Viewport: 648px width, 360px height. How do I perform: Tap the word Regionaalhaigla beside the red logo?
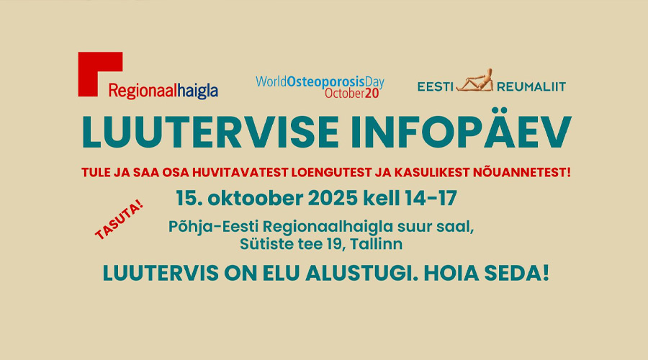[163, 91]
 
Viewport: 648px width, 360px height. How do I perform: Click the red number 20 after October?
[372, 94]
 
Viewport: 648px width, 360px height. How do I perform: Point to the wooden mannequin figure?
[475, 80]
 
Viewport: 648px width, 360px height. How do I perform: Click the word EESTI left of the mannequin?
[435, 87]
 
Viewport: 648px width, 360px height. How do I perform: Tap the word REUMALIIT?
[531, 87]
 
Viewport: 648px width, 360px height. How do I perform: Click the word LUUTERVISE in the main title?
[210, 132]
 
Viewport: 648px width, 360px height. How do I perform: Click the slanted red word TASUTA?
[119, 220]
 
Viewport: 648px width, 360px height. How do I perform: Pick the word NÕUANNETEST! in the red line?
[507, 172]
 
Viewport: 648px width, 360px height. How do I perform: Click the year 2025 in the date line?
[333, 199]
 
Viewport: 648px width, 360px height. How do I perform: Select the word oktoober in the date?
[255, 199]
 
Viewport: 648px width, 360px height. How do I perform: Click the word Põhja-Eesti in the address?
[213, 227]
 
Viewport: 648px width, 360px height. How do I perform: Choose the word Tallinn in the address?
[376, 244]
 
